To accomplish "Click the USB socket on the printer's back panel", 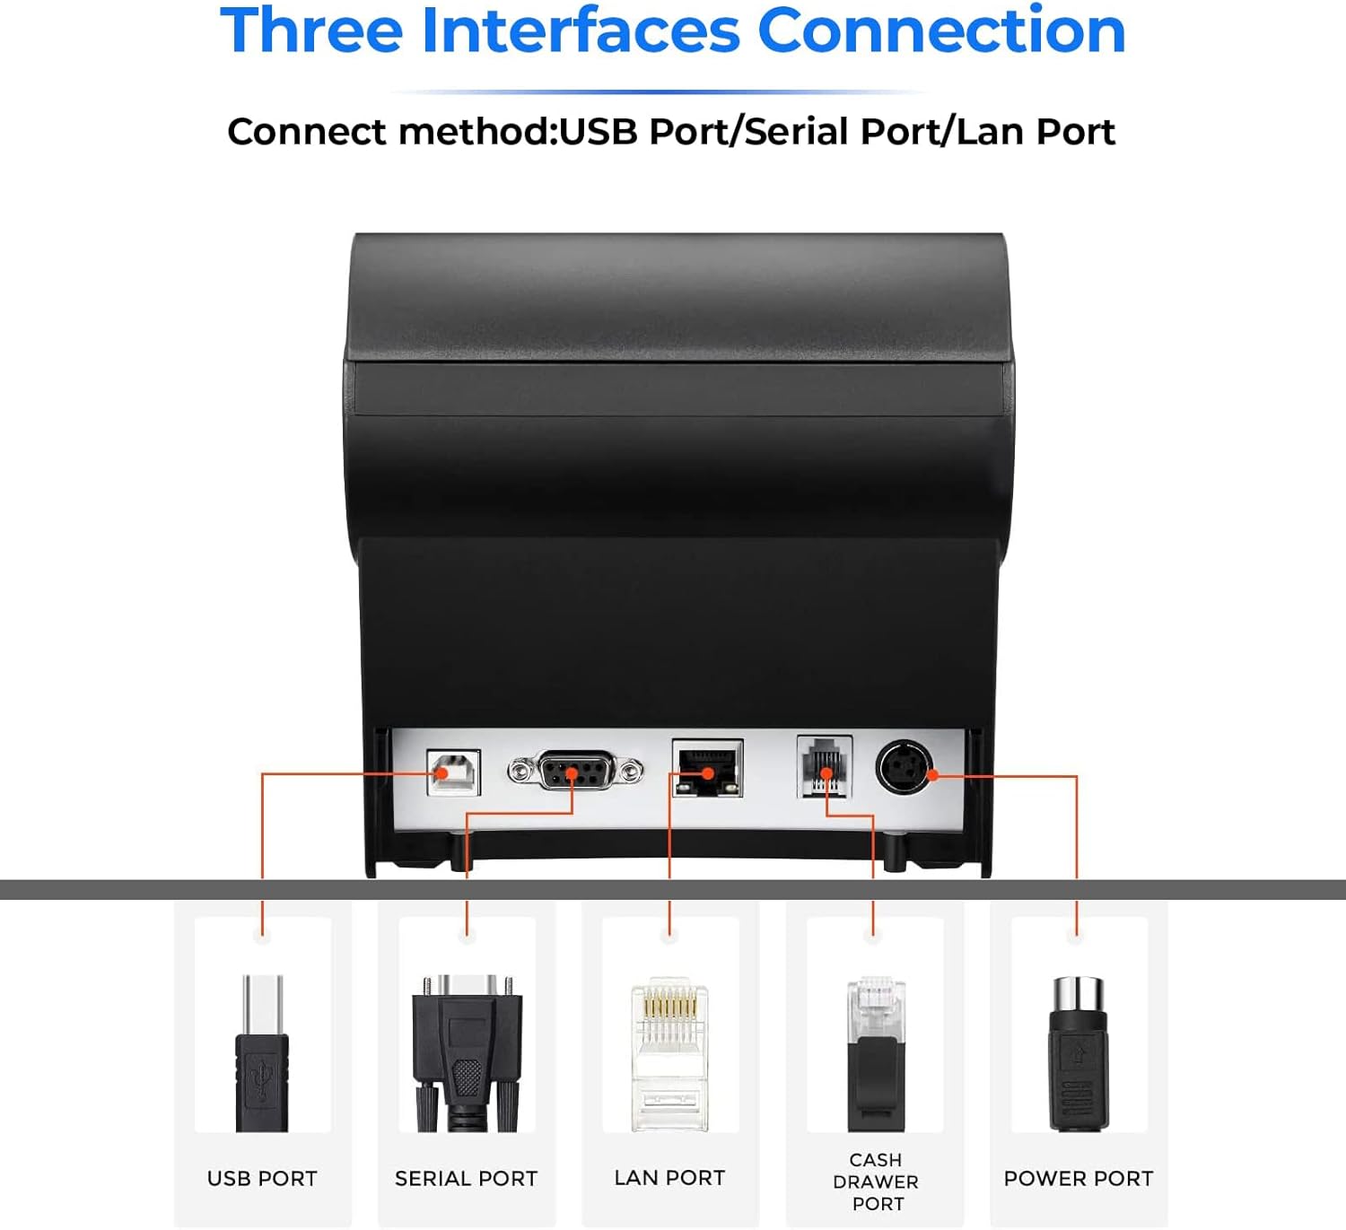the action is pos(454,772).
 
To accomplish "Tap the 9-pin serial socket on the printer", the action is pos(575,771).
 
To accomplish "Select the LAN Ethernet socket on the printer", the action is pos(707,768).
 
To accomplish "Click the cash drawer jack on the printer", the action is pos(825,765).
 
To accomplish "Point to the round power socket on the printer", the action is pos(904,767).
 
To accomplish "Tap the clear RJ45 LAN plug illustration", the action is pos(669,1054).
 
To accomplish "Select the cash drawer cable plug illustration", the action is pos(876,1054).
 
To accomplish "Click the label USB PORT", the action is pos(262,1178).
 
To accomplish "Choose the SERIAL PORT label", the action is pos(467,1178).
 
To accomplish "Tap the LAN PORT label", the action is pos(669,1178).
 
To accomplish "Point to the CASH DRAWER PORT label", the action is pos(876,1182).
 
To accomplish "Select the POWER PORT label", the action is pos(1079,1178).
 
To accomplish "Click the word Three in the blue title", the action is pos(312,31).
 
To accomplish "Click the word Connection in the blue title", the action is pos(941,31).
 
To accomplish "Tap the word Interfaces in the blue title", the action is pos(581,31).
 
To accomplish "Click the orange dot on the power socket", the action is pos(932,775).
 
